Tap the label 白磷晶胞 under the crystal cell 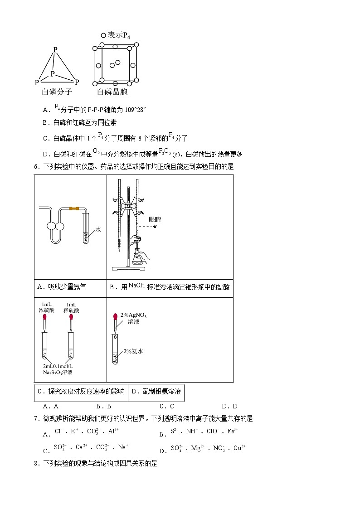[x=112, y=92]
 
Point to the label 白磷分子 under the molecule [x=57, y=92]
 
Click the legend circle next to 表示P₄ [x=103, y=35]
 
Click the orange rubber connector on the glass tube [x=74, y=209]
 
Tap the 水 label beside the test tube [x=98, y=229]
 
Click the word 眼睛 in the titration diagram [x=155, y=219]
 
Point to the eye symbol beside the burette [x=155, y=226]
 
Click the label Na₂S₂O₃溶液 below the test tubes [x=58, y=372]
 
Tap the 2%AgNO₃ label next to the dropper [x=133, y=315]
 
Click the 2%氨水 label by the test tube [x=133, y=351]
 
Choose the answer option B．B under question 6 [x=103, y=406]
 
